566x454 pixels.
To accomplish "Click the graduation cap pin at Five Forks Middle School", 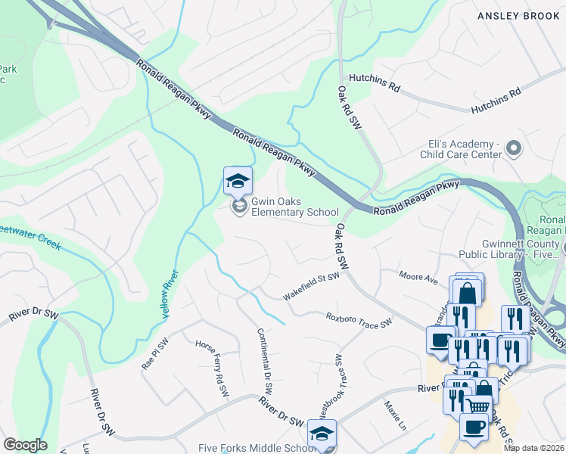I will point(322,434).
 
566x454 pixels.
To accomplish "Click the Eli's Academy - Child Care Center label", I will point(462,149).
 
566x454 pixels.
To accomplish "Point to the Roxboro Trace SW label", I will point(359,322).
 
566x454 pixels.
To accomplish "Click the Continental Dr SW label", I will point(265,361).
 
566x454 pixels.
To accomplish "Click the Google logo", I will point(25,445).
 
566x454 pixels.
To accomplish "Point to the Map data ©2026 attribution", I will point(533,448).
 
